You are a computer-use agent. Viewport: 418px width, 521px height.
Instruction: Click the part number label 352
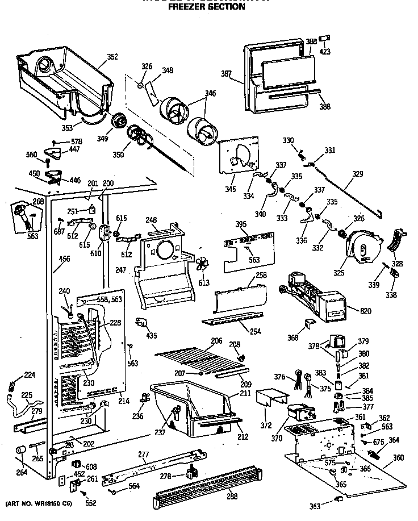pyautogui.click(x=112, y=56)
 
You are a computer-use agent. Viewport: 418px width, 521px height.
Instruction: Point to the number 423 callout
pyautogui.click(x=325, y=52)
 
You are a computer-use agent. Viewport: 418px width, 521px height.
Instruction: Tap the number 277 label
pyautogui.click(x=144, y=454)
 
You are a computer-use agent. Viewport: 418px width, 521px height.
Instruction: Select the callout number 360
pyautogui.click(x=399, y=457)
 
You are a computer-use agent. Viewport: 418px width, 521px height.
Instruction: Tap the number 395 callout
pyautogui.click(x=241, y=225)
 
